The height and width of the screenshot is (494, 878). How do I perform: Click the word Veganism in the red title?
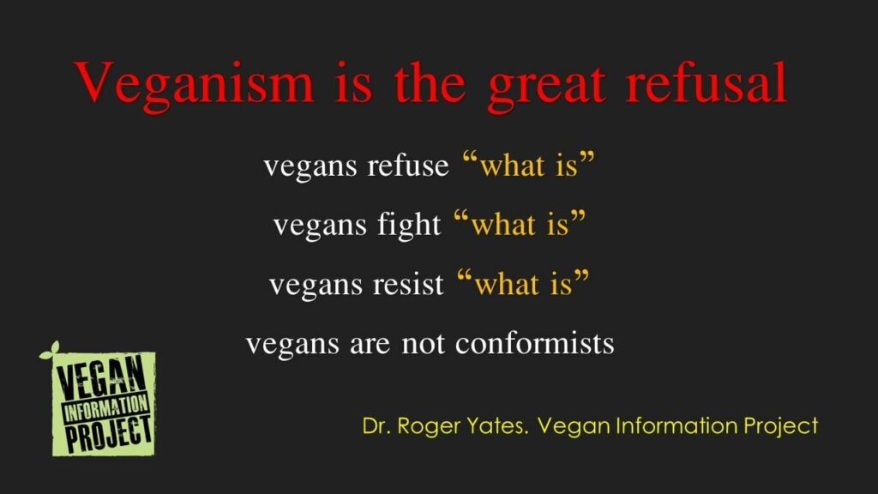(194, 85)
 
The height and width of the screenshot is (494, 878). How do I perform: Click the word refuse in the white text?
(408, 166)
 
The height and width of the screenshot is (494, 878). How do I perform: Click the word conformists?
(534, 343)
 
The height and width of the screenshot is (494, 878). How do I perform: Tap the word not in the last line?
(424, 343)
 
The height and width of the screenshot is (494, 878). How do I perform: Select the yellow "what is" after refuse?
(528, 165)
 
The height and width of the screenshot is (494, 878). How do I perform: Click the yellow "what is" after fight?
(520, 224)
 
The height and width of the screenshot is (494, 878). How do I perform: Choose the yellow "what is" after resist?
(523, 283)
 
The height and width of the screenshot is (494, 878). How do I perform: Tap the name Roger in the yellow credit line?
(429, 427)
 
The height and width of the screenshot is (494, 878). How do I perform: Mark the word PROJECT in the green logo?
(109, 434)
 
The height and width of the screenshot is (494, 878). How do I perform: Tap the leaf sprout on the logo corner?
(50, 351)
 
